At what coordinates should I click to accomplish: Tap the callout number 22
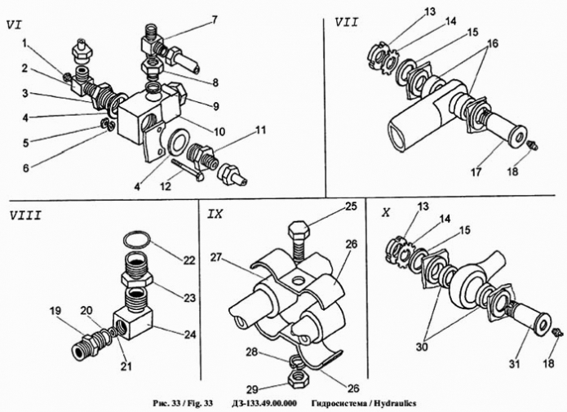pyautogui.click(x=189, y=260)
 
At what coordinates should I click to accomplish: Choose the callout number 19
pyautogui.click(x=55, y=310)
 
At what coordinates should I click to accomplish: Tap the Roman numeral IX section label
pyautogui.click(x=216, y=214)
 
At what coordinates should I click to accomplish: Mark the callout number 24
pyautogui.click(x=189, y=333)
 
